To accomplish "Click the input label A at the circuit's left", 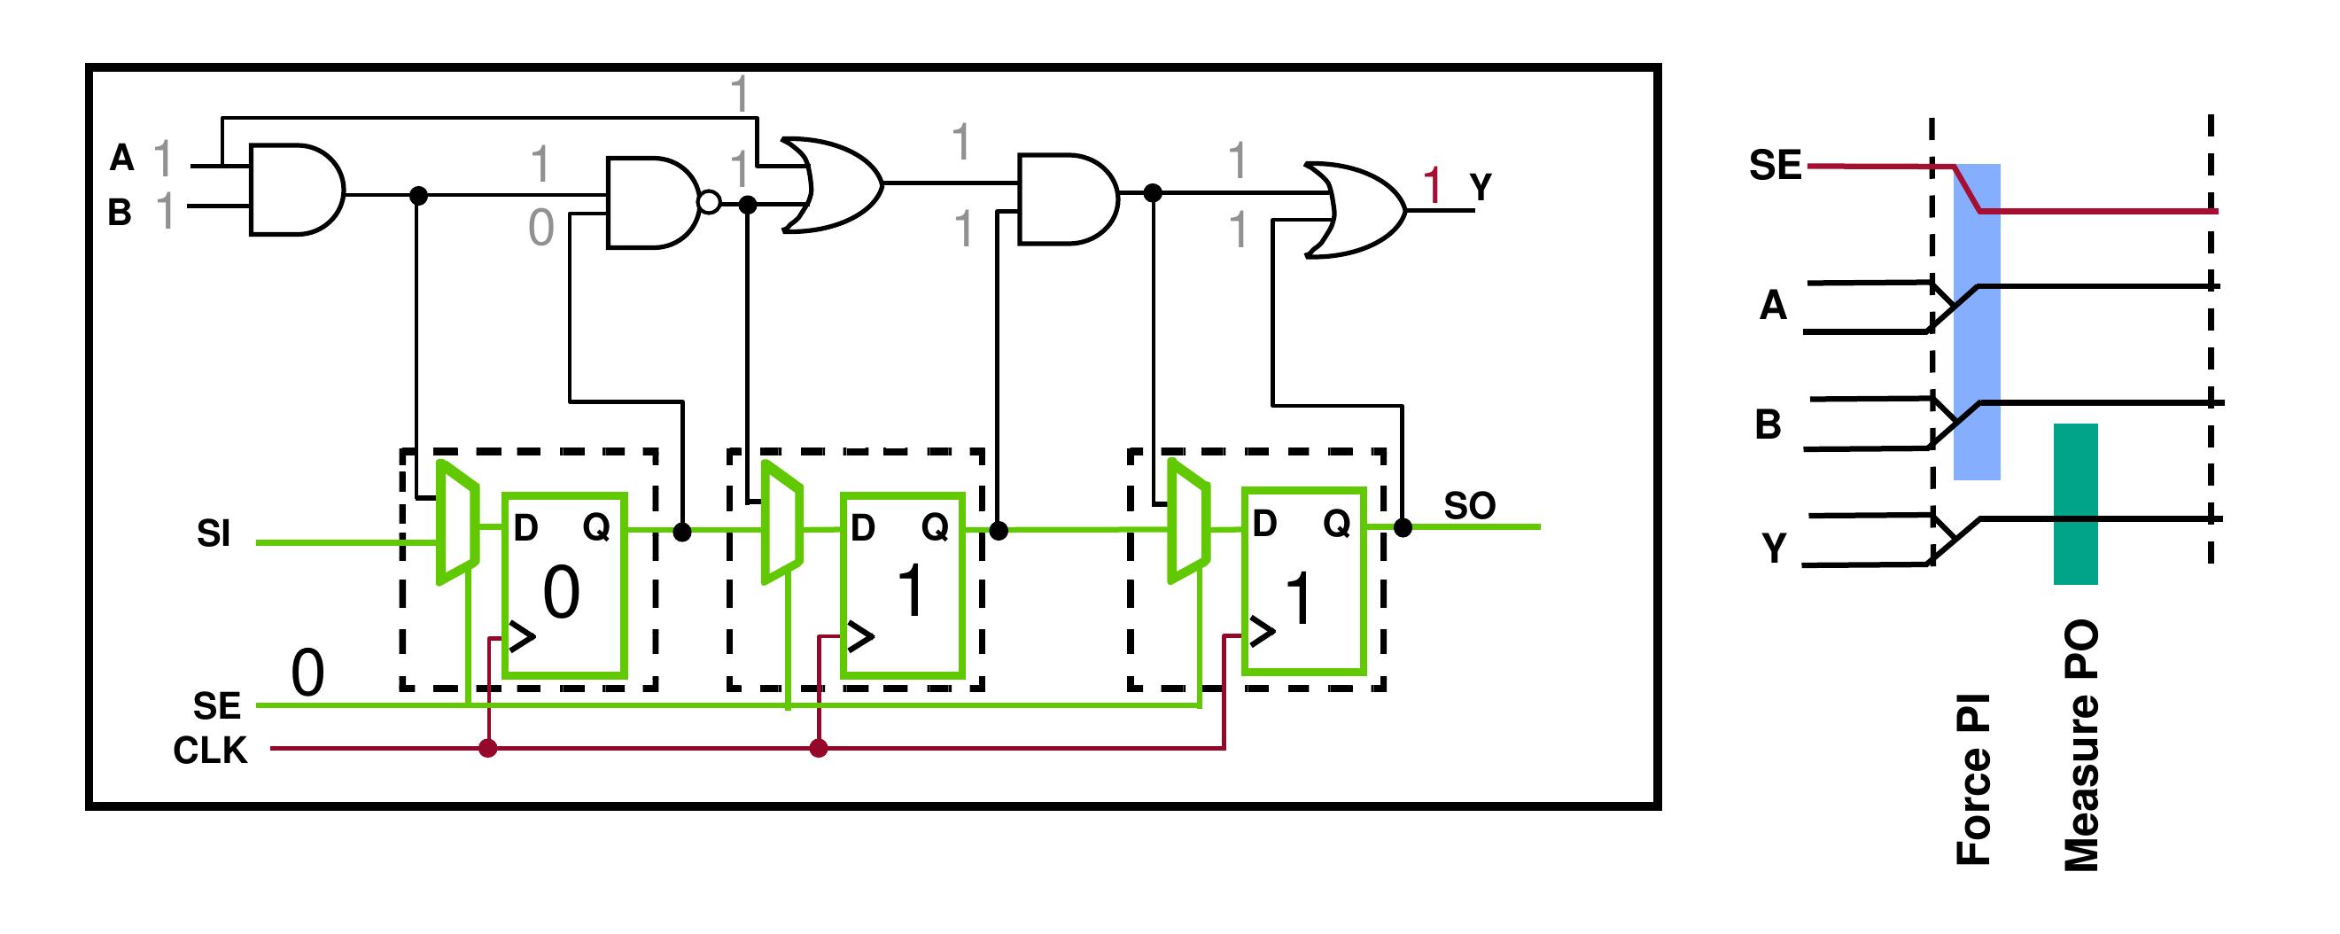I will [x=121, y=158].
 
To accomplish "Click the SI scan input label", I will [x=214, y=534].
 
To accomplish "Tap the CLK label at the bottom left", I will [x=210, y=751].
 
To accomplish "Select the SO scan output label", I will [x=1469, y=506].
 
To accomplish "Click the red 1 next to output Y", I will [x=1433, y=186].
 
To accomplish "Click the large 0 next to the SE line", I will [x=307, y=674].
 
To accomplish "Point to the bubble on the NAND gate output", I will [x=709, y=203].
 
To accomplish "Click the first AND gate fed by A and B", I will [x=295, y=189].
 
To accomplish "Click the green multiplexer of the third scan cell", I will [x=1187, y=520].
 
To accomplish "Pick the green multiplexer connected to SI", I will [x=457, y=524].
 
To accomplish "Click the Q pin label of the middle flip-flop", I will [x=935, y=526].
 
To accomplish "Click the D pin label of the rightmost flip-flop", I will [x=1264, y=525].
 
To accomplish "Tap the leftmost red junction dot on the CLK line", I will [x=488, y=749].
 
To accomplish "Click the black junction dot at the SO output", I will [x=1403, y=527].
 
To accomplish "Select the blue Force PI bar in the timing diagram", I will [x=1977, y=322].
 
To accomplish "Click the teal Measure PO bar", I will [x=2076, y=503].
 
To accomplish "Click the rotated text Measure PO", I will [x=2081, y=745].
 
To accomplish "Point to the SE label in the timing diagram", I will [x=1775, y=166].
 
